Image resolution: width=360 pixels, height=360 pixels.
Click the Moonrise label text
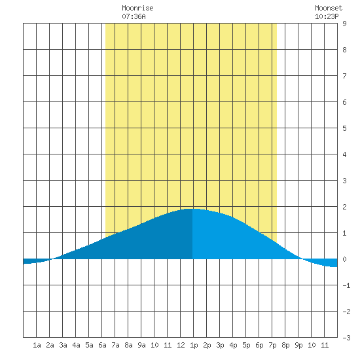click(x=137, y=8)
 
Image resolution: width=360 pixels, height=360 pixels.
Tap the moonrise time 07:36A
click(x=134, y=16)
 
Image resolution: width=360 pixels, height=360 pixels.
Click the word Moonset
click(x=329, y=8)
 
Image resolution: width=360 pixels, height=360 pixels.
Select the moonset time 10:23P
click(x=327, y=16)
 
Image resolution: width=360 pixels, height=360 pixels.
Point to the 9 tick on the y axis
click(x=344, y=24)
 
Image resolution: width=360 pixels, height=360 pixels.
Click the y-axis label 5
click(x=344, y=128)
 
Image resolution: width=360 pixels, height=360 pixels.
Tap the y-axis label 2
click(x=344, y=207)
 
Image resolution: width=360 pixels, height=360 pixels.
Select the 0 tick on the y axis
click(x=344, y=259)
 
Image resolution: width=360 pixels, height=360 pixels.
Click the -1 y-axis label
click(x=346, y=285)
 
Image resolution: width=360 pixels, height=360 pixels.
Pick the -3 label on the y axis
click(x=346, y=338)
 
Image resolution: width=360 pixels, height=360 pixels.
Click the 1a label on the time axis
click(x=37, y=345)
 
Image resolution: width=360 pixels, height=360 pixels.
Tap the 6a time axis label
click(x=102, y=345)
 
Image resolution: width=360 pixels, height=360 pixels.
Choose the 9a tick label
click(x=141, y=345)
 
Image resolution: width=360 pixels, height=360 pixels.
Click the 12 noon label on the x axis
click(x=181, y=345)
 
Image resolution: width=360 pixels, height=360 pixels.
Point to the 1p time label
click(x=194, y=345)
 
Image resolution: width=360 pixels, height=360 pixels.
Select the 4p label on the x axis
click(x=233, y=345)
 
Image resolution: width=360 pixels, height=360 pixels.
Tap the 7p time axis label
click(x=272, y=345)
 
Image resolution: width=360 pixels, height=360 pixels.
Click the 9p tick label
click(x=298, y=345)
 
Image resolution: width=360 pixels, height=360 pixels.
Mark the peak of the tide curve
click(x=192, y=209)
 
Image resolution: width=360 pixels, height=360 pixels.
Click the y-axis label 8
click(x=344, y=50)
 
